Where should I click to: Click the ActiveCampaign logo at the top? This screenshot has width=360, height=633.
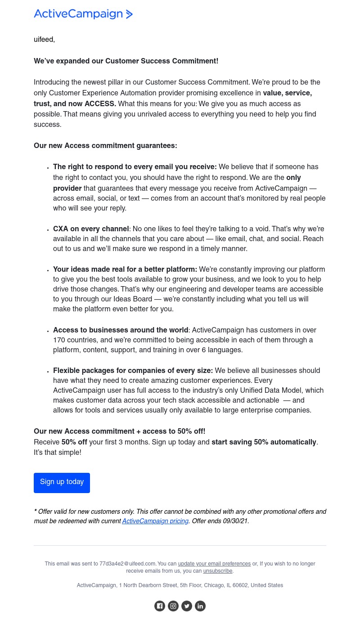click(x=83, y=14)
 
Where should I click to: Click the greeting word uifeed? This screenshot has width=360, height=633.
click(x=44, y=40)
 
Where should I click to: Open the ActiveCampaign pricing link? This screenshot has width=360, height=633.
click(x=155, y=521)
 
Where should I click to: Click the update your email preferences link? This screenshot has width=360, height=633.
click(x=214, y=564)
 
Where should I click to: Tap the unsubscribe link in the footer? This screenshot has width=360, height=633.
click(x=218, y=571)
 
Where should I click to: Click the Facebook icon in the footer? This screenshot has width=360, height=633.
click(x=160, y=606)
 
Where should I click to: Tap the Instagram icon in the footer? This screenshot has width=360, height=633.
click(x=173, y=606)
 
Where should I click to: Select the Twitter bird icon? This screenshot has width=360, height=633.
click(x=187, y=606)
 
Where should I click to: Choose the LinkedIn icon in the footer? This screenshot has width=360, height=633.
click(x=200, y=606)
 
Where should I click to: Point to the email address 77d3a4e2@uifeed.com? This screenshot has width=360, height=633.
click(x=127, y=564)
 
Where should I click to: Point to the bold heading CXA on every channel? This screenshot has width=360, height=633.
click(x=91, y=229)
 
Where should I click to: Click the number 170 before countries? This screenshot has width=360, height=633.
click(x=59, y=341)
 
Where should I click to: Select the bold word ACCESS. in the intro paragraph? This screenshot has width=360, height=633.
click(x=100, y=104)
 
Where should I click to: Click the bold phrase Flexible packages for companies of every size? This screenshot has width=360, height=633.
click(x=133, y=371)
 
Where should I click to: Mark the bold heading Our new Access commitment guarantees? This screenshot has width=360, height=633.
click(x=105, y=146)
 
